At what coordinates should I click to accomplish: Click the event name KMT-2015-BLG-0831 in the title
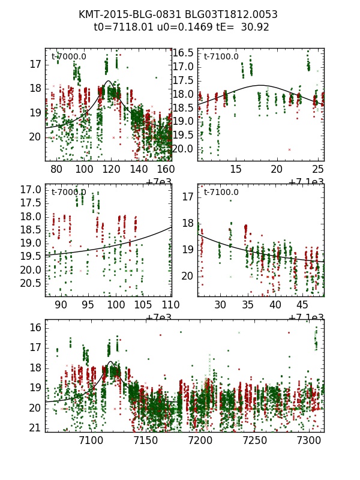click(x=123, y=14)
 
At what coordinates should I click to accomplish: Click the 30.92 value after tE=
click(x=255, y=27)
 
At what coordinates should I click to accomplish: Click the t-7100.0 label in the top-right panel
click(x=221, y=57)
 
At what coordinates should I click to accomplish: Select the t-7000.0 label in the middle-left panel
click(x=68, y=193)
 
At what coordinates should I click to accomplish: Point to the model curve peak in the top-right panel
click(x=262, y=85)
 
